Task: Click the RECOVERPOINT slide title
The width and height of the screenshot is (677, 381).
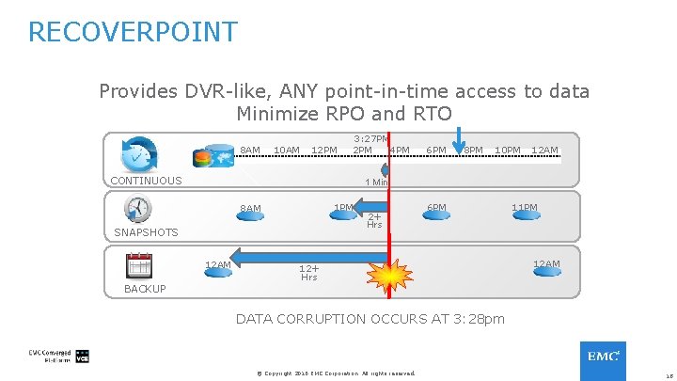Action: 133,32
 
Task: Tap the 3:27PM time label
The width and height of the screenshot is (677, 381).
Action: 370,139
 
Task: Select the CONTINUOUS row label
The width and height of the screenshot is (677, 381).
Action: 146,181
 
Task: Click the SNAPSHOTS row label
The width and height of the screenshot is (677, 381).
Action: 146,232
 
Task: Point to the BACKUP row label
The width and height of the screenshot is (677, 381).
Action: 145,289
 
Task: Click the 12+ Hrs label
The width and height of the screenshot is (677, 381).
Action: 308,272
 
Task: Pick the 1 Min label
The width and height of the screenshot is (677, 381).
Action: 376,183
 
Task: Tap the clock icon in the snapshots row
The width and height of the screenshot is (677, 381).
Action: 137,208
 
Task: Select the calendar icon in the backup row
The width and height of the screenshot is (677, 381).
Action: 139,265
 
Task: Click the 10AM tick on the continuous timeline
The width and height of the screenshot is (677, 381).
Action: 286,151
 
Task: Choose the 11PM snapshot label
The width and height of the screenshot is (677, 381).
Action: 525,207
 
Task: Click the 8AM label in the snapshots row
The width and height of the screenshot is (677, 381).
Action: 250,209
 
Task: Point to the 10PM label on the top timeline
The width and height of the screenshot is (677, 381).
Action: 508,151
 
